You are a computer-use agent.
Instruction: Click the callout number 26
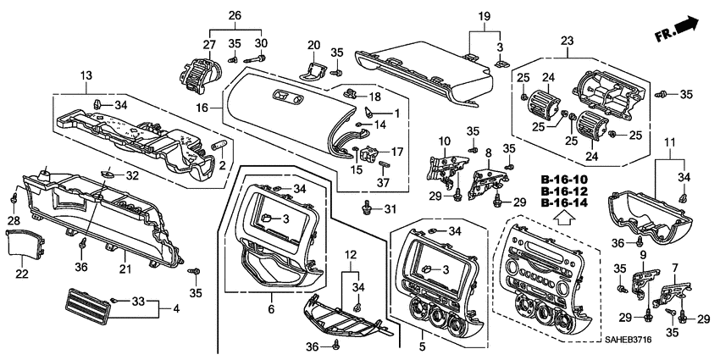235,15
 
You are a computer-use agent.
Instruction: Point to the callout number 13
86,76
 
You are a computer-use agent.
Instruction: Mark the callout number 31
390,209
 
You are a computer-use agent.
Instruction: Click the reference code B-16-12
564,192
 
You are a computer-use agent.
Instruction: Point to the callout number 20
313,45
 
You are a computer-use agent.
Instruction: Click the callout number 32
131,175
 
